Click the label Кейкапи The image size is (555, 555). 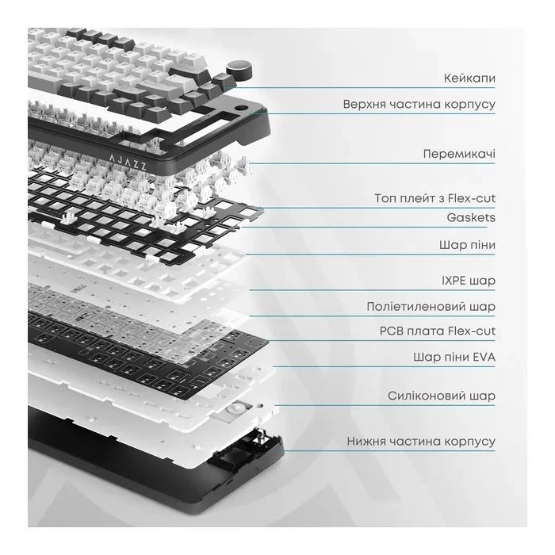pyautogui.click(x=469, y=78)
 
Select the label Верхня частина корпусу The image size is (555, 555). pyautogui.click(x=419, y=105)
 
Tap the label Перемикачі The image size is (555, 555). pyautogui.click(x=459, y=154)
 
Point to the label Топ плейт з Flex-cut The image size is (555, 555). pyautogui.click(x=435, y=198)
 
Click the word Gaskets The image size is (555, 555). pyautogui.click(x=471, y=217)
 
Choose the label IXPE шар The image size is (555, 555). pyautogui.click(x=469, y=281)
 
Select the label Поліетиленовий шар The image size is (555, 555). pyautogui.click(x=431, y=307)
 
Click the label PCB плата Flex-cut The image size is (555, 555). pyautogui.click(x=438, y=331)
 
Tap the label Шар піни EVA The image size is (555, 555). pyautogui.click(x=454, y=357)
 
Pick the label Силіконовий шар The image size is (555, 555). pyautogui.click(x=442, y=396)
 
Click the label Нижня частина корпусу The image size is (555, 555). pyautogui.click(x=421, y=442)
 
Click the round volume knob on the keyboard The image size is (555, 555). pyautogui.click(x=240, y=70)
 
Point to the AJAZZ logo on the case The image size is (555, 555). pyautogui.click(x=128, y=162)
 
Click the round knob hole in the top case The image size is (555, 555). pyautogui.click(x=241, y=108)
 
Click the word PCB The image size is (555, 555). pyautogui.click(x=392, y=331)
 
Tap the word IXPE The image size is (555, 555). pyautogui.click(x=454, y=281)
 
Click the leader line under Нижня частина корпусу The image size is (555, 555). pyautogui.click(x=389, y=451)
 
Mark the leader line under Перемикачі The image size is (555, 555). pyautogui.click(x=372, y=163)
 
